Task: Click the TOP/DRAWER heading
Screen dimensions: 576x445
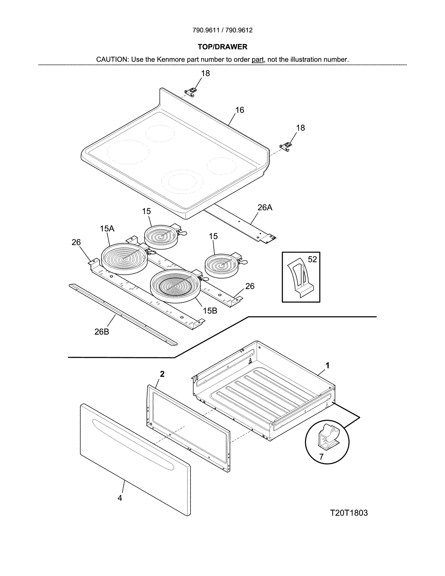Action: coord(222,47)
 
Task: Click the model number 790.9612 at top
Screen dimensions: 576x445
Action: coord(239,30)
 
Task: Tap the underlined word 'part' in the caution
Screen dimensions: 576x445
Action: coord(258,60)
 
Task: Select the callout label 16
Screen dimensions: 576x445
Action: coord(239,110)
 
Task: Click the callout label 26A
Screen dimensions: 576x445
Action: coord(264,207)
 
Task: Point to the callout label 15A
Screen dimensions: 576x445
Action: coord(107,229)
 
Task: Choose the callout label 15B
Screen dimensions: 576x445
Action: coord(210,311)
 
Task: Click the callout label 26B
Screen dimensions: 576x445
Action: coord(102,332)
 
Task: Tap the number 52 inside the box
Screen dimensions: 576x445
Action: coord(312,259)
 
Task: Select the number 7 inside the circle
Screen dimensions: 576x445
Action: coord(321,457)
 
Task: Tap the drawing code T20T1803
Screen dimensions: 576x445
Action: coord(349,513)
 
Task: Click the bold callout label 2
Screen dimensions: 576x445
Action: coord(162,374)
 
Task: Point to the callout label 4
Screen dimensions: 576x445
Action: coord(120,498)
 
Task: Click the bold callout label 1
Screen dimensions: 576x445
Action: coord(327,365)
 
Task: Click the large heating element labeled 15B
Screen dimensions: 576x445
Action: coord(175,286)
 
